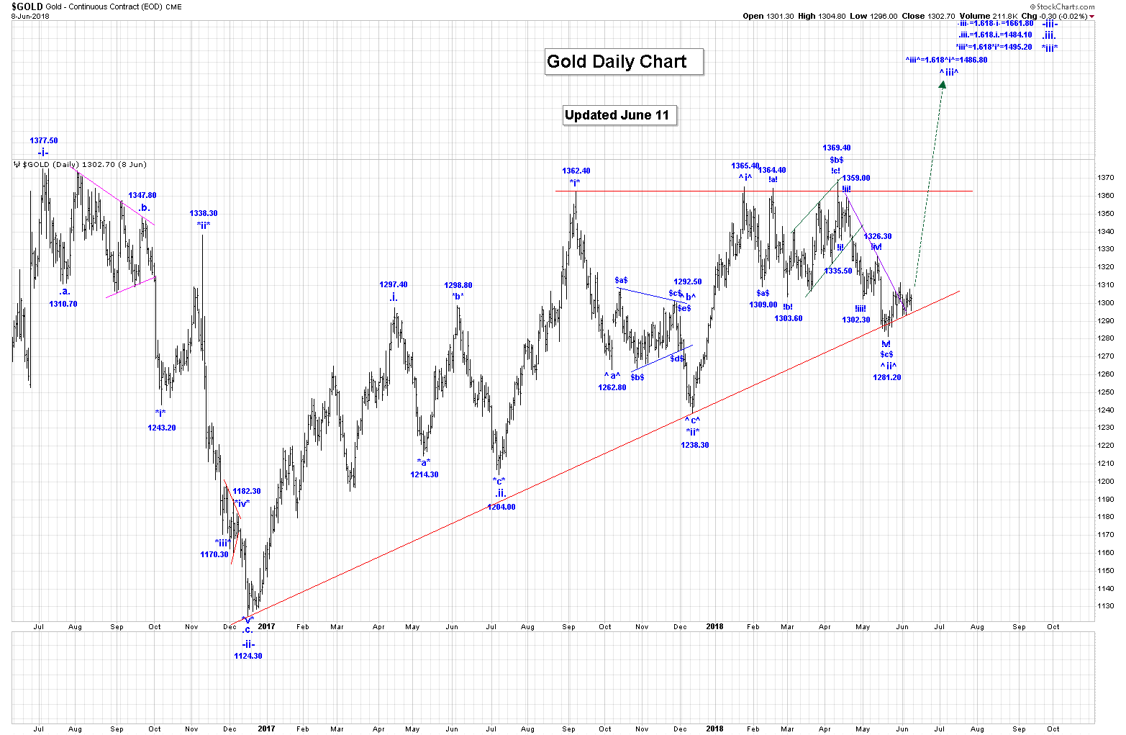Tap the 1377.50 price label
(x=44, y=141)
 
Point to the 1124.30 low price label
(x=248, y=656)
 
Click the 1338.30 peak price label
(x=204, y=213)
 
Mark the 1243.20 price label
(x=162, y=428)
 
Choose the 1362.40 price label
(x=576, y=171)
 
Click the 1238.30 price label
(x=695, y=445)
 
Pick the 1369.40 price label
(x=837, y=148)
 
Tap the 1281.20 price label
(x=887, y=377)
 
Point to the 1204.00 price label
(x=501, y=507)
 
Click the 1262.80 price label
(x=612, y=387)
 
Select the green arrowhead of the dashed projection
(x=943, y=84)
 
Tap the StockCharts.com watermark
(x=1067, y=7)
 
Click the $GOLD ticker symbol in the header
(x=27, y=6)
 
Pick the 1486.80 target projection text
(x=946, y=60)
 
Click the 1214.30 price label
(x=424, y=474)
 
